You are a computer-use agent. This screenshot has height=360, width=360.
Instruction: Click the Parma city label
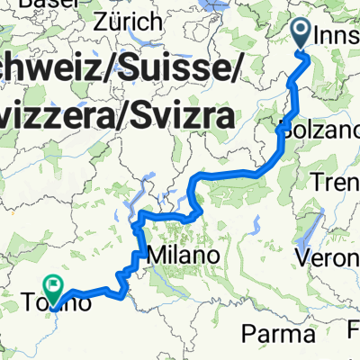click(267, 333)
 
